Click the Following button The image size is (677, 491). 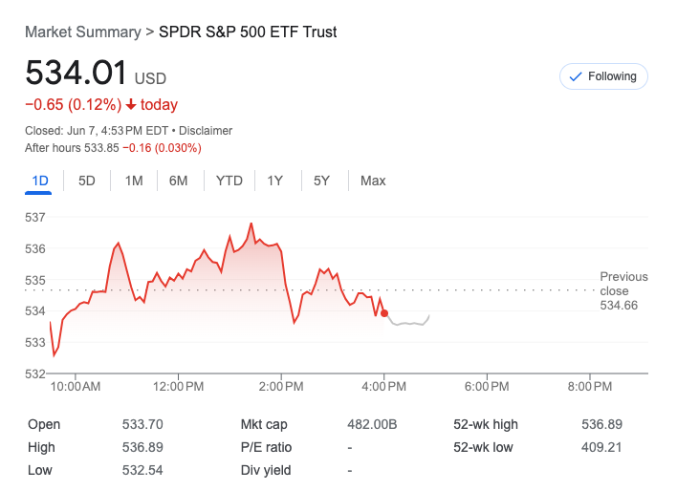[603, 76]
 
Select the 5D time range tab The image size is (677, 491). [87, 181]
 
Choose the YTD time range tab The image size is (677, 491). [229, 181]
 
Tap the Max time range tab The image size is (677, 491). [373, 181]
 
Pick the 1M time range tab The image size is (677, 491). [134, 181]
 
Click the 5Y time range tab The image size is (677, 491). [322, 181]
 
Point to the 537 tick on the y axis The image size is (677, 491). [35, 218]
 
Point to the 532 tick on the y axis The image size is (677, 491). [35, 373]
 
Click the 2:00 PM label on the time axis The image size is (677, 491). [281, 387]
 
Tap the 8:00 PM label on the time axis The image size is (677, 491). [589, 387]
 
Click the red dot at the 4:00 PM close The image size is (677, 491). [384, 312]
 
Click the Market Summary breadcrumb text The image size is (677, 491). [82, 32]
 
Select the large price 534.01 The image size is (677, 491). [76, 74]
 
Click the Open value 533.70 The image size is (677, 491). [142, 425]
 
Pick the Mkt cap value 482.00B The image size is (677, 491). [372, 425]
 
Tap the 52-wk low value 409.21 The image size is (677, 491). [602, 447]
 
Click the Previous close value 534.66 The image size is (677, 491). [619, 306]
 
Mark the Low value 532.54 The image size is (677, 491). [142, 470]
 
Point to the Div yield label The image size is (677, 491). [266, 470]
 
